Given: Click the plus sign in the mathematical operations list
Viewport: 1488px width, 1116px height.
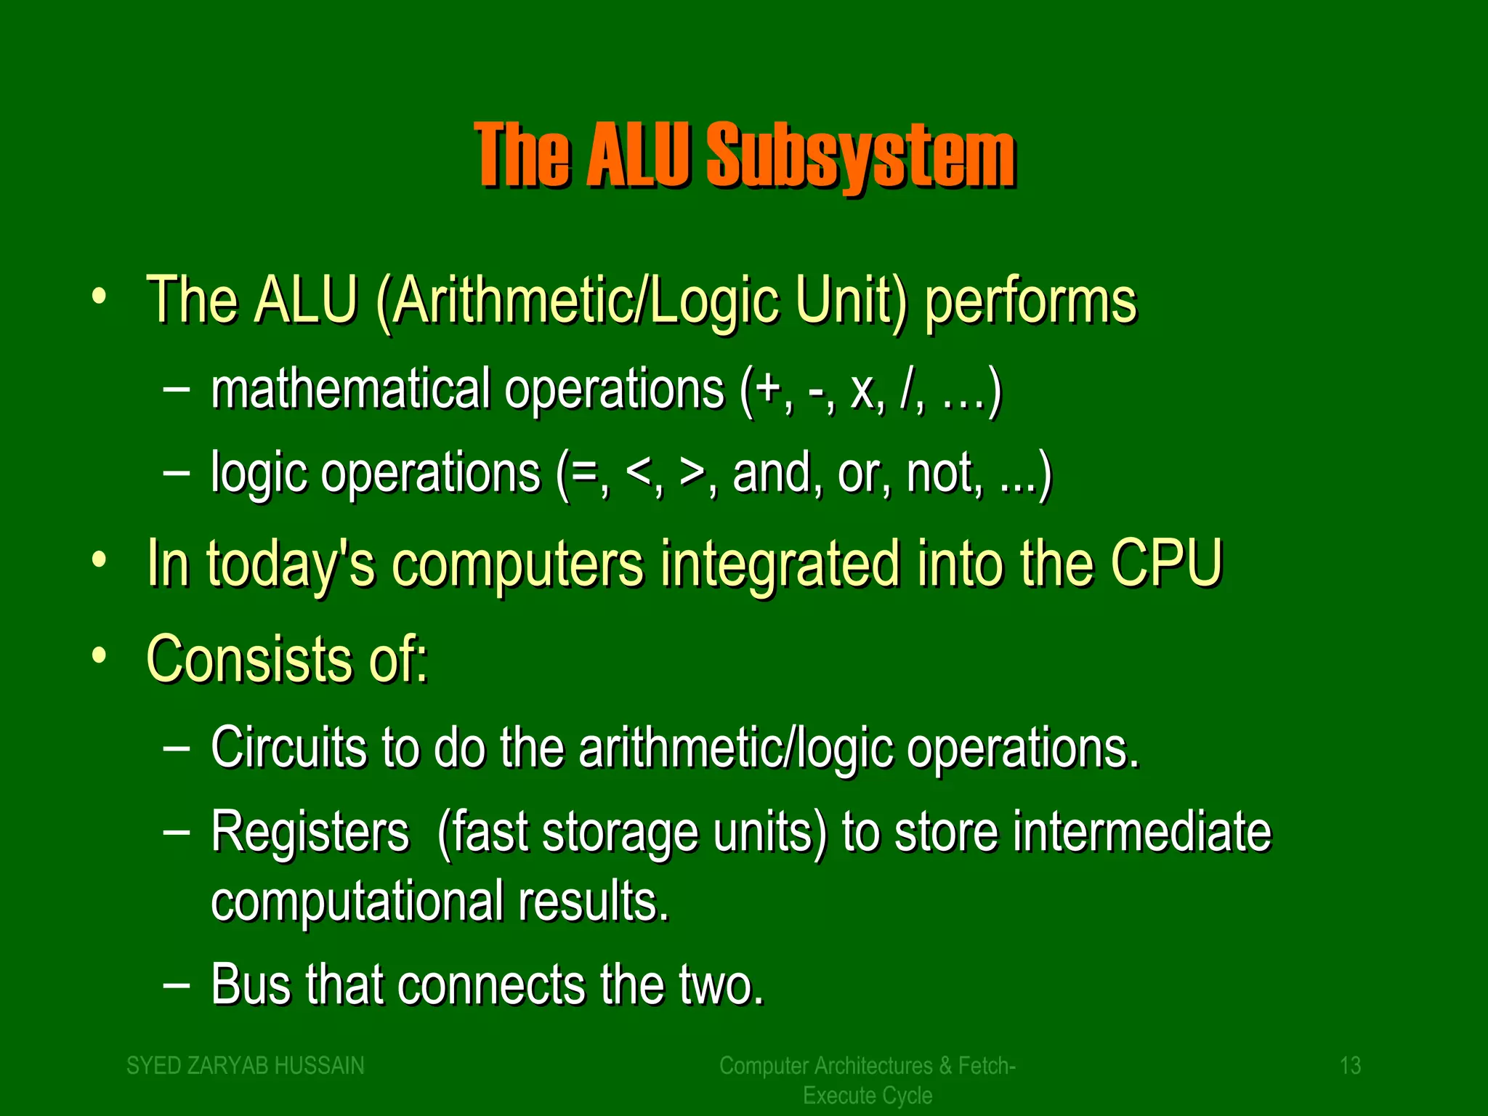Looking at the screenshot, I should (768, 391).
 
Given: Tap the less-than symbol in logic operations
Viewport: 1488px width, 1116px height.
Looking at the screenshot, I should (639, 474).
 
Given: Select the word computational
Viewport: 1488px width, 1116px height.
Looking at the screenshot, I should (357, 901).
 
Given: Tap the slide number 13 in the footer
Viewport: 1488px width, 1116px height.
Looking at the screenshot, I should (1349, 1065).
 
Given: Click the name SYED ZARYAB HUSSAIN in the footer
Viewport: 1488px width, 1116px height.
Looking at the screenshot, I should (246, 1065).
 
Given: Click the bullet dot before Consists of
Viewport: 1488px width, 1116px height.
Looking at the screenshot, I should (100, 656).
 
